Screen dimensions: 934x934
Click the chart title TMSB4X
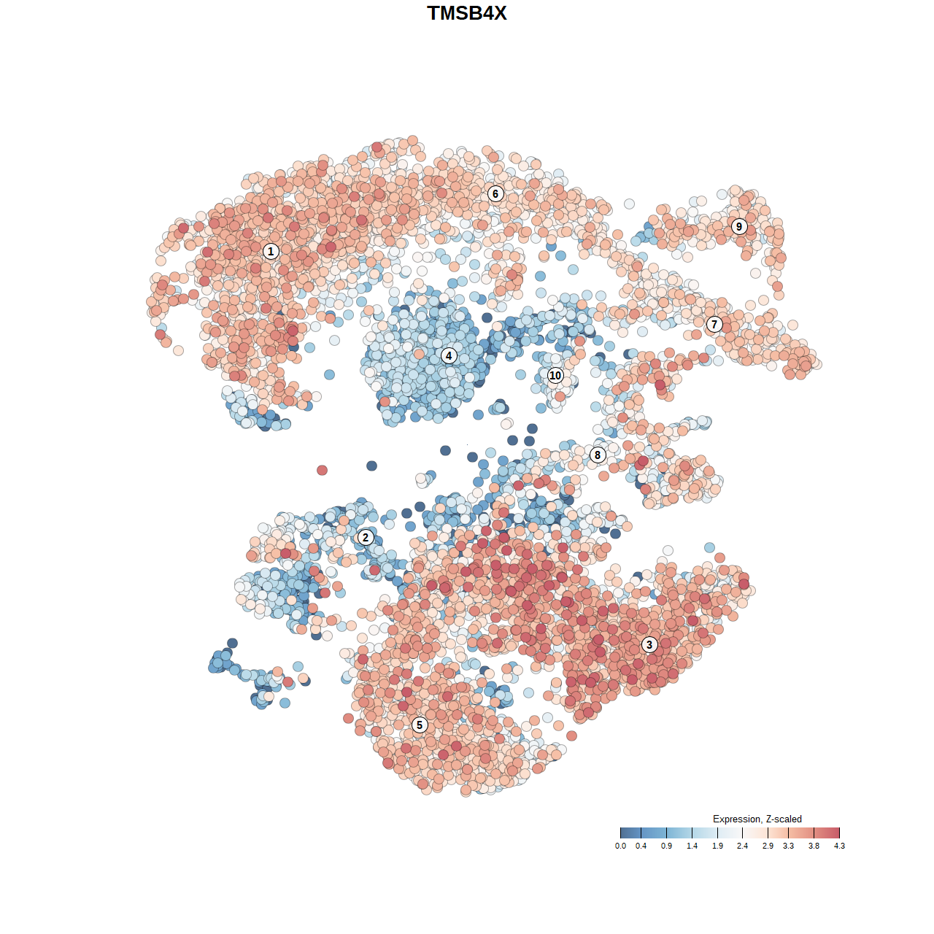coord(467,13)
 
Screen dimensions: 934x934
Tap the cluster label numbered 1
coord(271,252)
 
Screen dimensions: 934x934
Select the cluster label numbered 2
coord(366,538)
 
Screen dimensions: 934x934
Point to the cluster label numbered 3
coord(649,644)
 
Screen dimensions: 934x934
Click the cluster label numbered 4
coord(449,356)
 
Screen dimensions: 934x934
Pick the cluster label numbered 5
coord(420,725)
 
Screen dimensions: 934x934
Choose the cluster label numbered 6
coord(495,193)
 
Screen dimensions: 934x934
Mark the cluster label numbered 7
coord(714,325)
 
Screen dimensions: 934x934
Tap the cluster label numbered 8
coord(598,455)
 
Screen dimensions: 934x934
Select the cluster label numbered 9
coord(739,226)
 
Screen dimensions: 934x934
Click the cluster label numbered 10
coord(555,376)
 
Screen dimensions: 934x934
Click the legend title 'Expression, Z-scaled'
coord(757,819)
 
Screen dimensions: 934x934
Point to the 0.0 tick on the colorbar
coord(620,846)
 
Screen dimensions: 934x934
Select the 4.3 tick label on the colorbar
coord(839,846)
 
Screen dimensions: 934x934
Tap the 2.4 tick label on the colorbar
coord(742,846)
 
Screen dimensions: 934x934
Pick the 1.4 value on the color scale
coord(692,846)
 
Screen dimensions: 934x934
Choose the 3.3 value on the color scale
coord(788,846)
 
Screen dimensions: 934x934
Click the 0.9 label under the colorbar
coord(666,846)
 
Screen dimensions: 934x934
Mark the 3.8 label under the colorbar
coord(814,846)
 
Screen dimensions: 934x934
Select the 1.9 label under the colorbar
coord(717,846)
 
